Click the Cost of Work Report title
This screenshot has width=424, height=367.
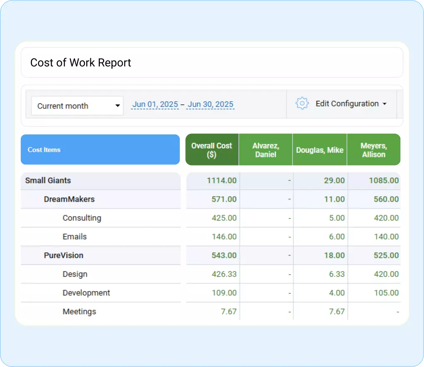80,63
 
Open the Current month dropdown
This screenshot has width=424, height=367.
77,106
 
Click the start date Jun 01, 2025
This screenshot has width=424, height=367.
155,104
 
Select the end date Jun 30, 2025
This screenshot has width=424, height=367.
210,104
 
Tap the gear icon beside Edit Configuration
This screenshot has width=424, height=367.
302,104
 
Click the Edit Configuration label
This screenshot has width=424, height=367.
347,104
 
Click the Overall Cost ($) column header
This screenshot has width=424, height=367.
212,150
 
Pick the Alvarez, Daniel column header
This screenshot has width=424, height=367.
266,150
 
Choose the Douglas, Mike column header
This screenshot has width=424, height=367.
319,150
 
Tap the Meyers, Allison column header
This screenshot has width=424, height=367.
374,150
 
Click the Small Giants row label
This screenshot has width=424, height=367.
48,181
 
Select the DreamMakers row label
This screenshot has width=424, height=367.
69,199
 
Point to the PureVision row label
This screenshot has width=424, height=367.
64,255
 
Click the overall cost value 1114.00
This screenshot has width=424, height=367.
222,181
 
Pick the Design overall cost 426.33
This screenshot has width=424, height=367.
224,274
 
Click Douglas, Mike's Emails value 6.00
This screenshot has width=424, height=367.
337,237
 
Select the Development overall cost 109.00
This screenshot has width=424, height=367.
224,293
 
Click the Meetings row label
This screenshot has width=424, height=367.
79,312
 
